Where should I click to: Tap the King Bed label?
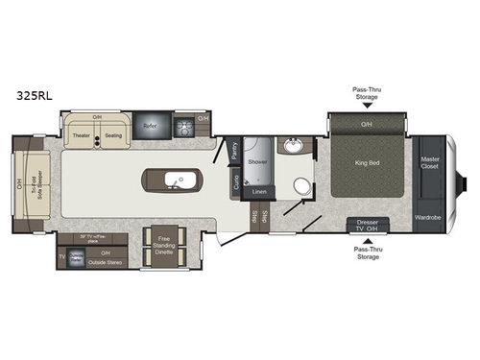click(x=367, y=163)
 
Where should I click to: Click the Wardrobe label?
click(x=428, y=217)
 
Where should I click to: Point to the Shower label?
click(x=258, y=162)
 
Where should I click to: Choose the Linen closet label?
click(x=257, y=192)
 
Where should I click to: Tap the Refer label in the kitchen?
click(x=151, y=125)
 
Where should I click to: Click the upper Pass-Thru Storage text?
click(x=366, y=92)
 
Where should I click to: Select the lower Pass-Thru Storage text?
click(x=367, y=252)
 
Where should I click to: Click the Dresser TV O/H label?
click(x=366, y=227)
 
